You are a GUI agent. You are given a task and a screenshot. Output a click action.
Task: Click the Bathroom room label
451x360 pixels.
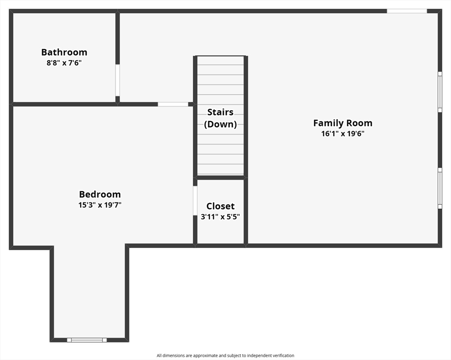(64, 52)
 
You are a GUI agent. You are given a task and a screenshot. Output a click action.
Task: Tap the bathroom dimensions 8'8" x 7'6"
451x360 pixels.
(64, 63)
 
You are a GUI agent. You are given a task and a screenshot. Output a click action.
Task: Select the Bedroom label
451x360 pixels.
(100, 195)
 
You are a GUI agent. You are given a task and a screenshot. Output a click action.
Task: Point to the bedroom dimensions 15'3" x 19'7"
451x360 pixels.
(100, 205)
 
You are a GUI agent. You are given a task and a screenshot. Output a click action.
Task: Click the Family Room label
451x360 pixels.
(343, 123)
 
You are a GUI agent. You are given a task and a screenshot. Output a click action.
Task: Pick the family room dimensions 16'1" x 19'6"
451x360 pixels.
(343, 134)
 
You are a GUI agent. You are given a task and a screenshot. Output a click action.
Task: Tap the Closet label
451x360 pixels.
(220, 206)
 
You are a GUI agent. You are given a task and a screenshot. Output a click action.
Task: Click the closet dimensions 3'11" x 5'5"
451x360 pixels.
(220, 217)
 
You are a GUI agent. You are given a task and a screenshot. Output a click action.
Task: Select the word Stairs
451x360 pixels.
(220, 112)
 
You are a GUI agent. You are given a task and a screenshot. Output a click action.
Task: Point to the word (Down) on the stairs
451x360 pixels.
(220, 124)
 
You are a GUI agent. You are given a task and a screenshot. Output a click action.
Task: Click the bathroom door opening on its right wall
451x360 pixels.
(118, 80)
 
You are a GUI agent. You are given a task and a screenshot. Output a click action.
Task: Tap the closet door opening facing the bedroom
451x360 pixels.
(195, 201)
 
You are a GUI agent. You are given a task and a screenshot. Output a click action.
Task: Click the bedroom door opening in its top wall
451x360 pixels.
(173, 104)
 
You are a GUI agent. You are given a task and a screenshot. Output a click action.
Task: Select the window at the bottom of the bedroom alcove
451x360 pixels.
(87, 340)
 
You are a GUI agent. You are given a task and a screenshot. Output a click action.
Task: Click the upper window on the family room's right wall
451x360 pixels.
(440, 92)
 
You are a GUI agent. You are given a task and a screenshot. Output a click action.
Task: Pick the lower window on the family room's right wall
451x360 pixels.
(440, 188)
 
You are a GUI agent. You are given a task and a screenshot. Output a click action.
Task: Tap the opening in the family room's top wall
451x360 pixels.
(407, 11)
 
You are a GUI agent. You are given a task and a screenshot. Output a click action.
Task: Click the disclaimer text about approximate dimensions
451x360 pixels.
(226, 356)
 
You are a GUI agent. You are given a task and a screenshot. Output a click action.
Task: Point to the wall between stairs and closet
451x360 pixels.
(220, 177)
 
